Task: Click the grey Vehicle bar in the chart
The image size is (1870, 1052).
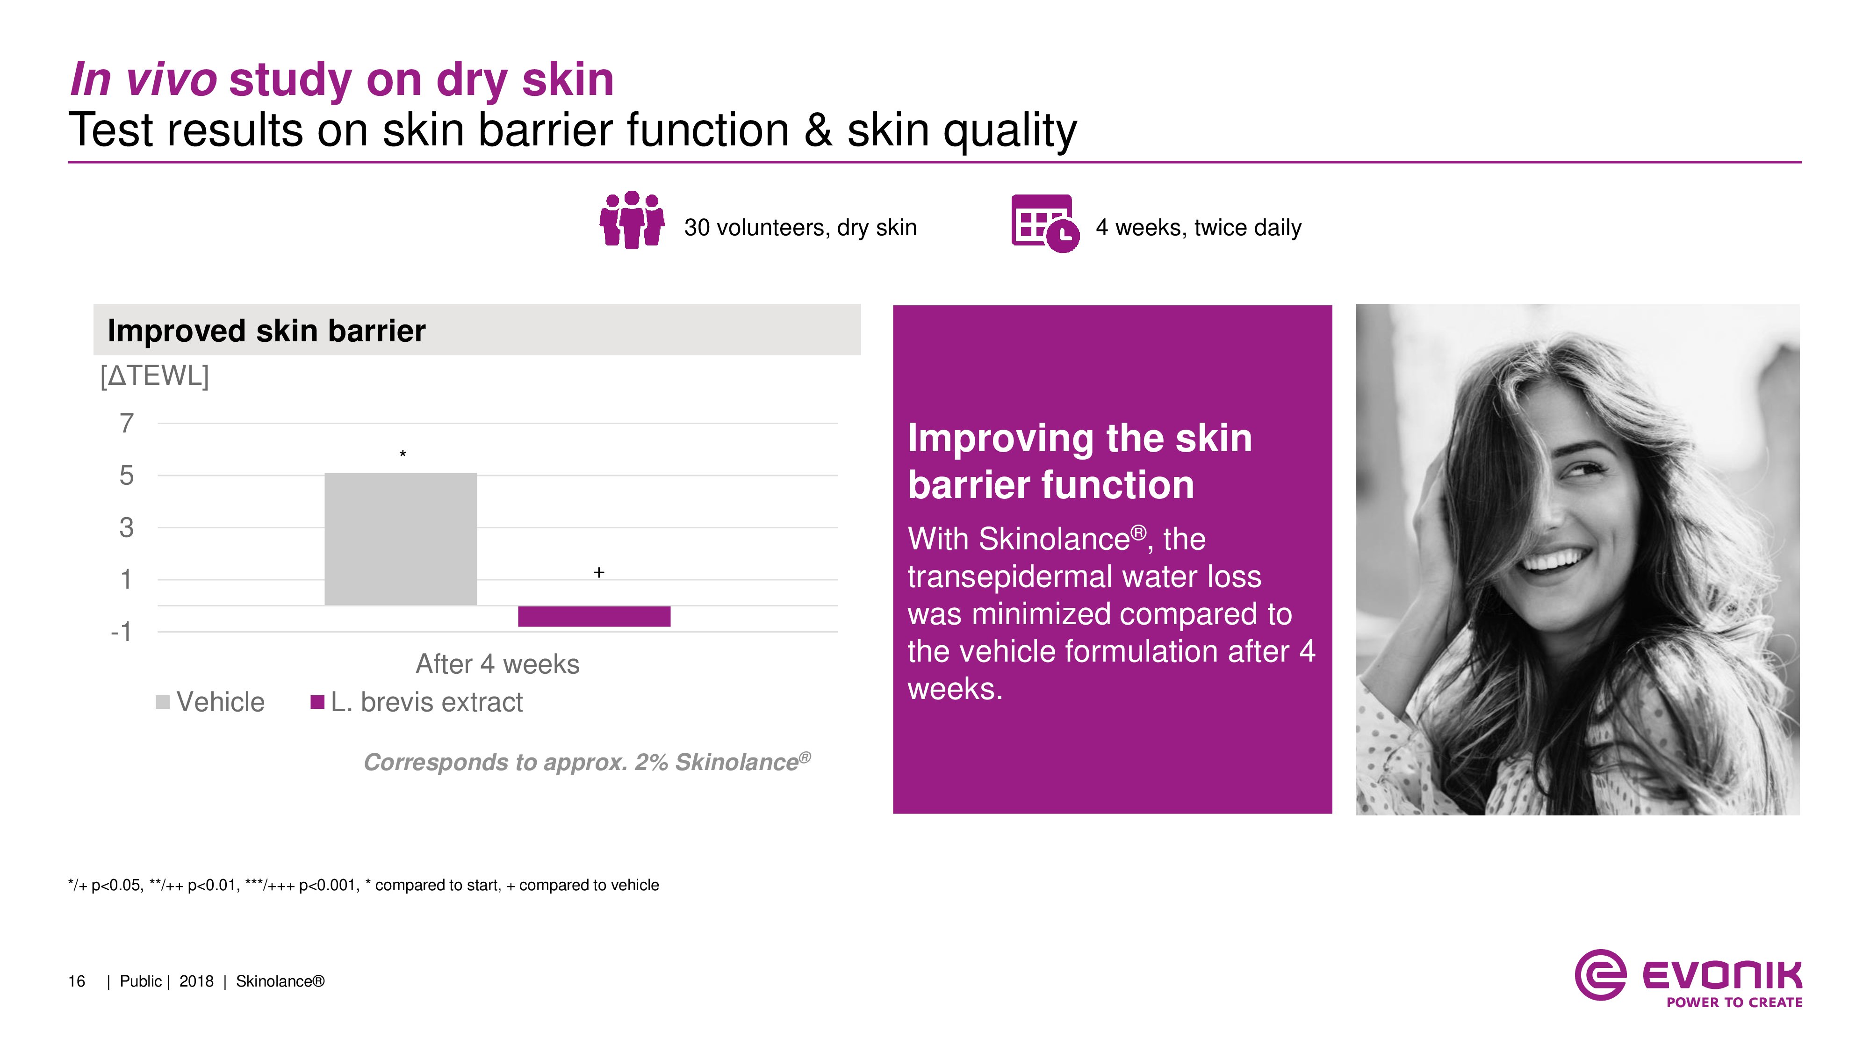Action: [x=401, y=539]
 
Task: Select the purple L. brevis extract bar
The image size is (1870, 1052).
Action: [x=594, y=616]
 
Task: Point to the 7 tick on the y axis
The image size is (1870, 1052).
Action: [x=127, y=423]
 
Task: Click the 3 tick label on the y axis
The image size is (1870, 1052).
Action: [x=127, y=527]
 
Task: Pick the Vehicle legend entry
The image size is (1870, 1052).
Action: [x=210, y=702]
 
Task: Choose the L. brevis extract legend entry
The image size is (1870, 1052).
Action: [x=417, y=702]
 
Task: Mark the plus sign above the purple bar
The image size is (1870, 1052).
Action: [x=599, y=572]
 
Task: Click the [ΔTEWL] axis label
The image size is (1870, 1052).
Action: [x=155, y=376]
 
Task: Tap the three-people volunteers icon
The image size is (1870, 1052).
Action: [x=632, y=220]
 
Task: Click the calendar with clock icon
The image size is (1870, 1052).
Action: [x=1045, y=223]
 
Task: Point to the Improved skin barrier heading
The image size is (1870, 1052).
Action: [x=266, y=331]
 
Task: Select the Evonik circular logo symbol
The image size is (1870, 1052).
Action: [x=1600, y=974]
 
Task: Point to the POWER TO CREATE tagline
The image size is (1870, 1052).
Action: [x=1734, y=1002]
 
